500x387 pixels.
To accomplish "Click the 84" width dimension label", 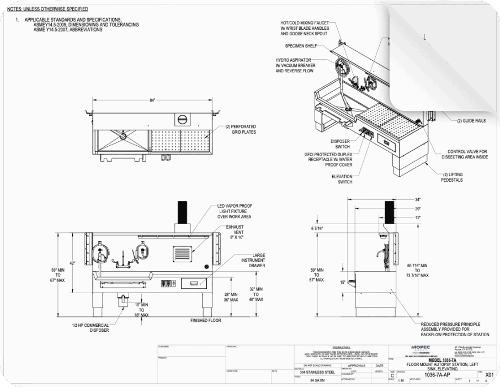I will click(x=152, y=99).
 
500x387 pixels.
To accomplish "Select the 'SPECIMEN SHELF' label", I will click(x=301, y=46).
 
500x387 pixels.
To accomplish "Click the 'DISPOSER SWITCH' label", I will click(x=340, y=144).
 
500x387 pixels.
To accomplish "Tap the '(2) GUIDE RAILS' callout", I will click(x=471, y=120).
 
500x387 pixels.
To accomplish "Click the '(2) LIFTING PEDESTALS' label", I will click(x=453, y=177).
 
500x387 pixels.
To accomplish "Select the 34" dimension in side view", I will click(x=418, y=199).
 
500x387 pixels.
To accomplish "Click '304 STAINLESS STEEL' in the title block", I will click(x=313, y=372).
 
